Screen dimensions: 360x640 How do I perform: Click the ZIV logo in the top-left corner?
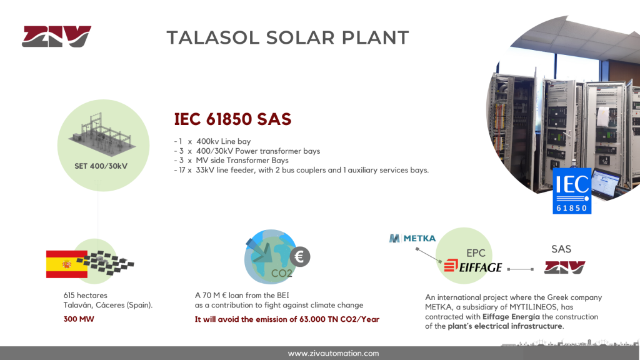56,37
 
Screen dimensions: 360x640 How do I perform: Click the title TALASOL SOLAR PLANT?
287,37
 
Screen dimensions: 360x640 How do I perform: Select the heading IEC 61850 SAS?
232,119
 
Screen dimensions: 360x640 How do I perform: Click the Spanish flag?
66,264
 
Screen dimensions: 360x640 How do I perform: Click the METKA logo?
412,238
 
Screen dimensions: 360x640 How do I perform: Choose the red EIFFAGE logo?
472,267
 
